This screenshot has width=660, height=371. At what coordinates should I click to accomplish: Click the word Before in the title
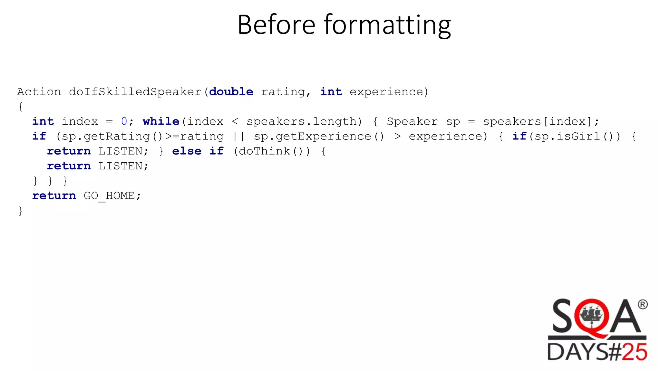[x=276, y=25]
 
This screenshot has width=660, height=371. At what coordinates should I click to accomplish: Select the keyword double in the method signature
[x=231, y=92]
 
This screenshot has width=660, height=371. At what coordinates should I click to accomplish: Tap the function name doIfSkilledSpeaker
[x=135, y=92]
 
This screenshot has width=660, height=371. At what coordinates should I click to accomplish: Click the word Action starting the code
[x=39, y=92]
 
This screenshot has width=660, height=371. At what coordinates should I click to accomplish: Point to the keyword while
[x=161, y=121]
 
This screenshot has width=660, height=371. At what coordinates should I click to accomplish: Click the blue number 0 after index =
[x=124, y=121]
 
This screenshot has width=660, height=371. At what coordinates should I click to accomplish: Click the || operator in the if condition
[x=238, y=136]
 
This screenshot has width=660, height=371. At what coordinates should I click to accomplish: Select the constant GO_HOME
[x=109, y=195]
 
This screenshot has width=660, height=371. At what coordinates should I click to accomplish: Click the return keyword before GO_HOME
[x=54, y=195]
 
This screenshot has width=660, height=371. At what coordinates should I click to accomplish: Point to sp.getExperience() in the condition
[x=319, y=136]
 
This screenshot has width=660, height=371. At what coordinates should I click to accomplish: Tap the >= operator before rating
[x=172, y=136]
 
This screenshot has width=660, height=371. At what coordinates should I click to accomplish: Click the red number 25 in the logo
[x=634, y=352]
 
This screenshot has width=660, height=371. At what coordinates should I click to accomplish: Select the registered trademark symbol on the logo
[x=642, y=304]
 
